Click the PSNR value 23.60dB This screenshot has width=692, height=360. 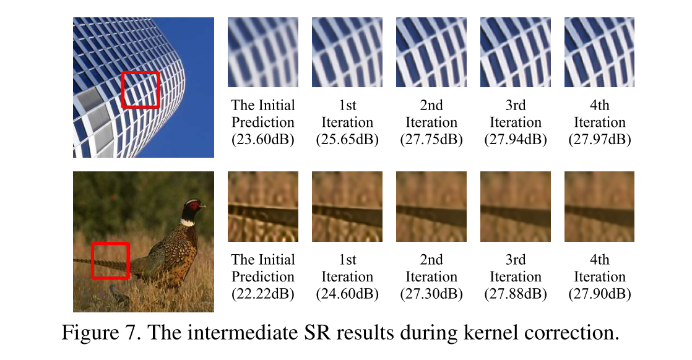pos(263,140)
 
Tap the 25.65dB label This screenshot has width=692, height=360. pos(347,140)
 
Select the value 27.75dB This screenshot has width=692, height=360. pos(431,140)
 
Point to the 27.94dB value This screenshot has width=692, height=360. pos(516,140)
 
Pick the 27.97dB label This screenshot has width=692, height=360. pos(600,140)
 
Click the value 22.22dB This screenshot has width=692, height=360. pos(263,294)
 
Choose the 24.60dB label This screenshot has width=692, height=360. pos(347,294)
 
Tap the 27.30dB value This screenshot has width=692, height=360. pos(431,294)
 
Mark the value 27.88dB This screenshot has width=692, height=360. pos(516,294)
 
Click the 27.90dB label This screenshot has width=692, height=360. pos(600,294)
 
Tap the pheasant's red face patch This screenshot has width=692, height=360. pos(195,205)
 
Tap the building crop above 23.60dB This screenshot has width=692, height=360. pos(263,52)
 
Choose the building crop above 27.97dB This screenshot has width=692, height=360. pos(600,52)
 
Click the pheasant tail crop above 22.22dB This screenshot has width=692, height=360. pos(263,207)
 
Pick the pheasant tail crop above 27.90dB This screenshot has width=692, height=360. pos(600,207)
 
